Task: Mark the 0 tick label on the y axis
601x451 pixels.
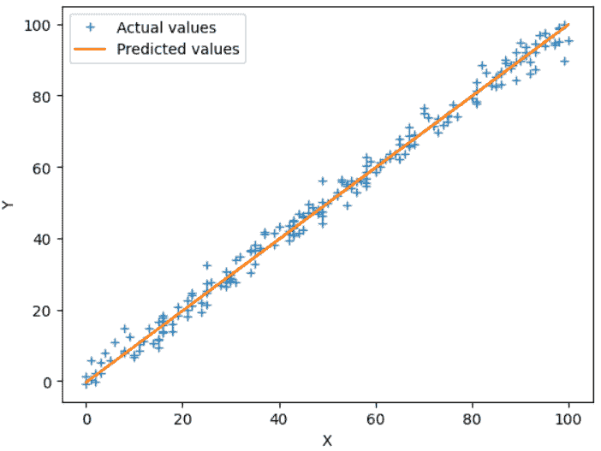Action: tap(48, 382)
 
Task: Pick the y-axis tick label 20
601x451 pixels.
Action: tap(44, 311)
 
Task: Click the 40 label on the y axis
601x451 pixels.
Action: tap(44, 239)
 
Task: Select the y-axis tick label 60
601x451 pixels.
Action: tap(44, 168)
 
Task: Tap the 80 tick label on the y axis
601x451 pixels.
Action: tap(44, 97)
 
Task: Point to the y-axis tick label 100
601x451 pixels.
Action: tap(40, 25)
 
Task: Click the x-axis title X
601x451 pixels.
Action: tap(327, 440)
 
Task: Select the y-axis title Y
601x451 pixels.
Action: tap(9, 205)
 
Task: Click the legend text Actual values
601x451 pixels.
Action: tap(166, 28)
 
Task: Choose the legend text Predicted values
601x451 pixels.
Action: tap(178, 50)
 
